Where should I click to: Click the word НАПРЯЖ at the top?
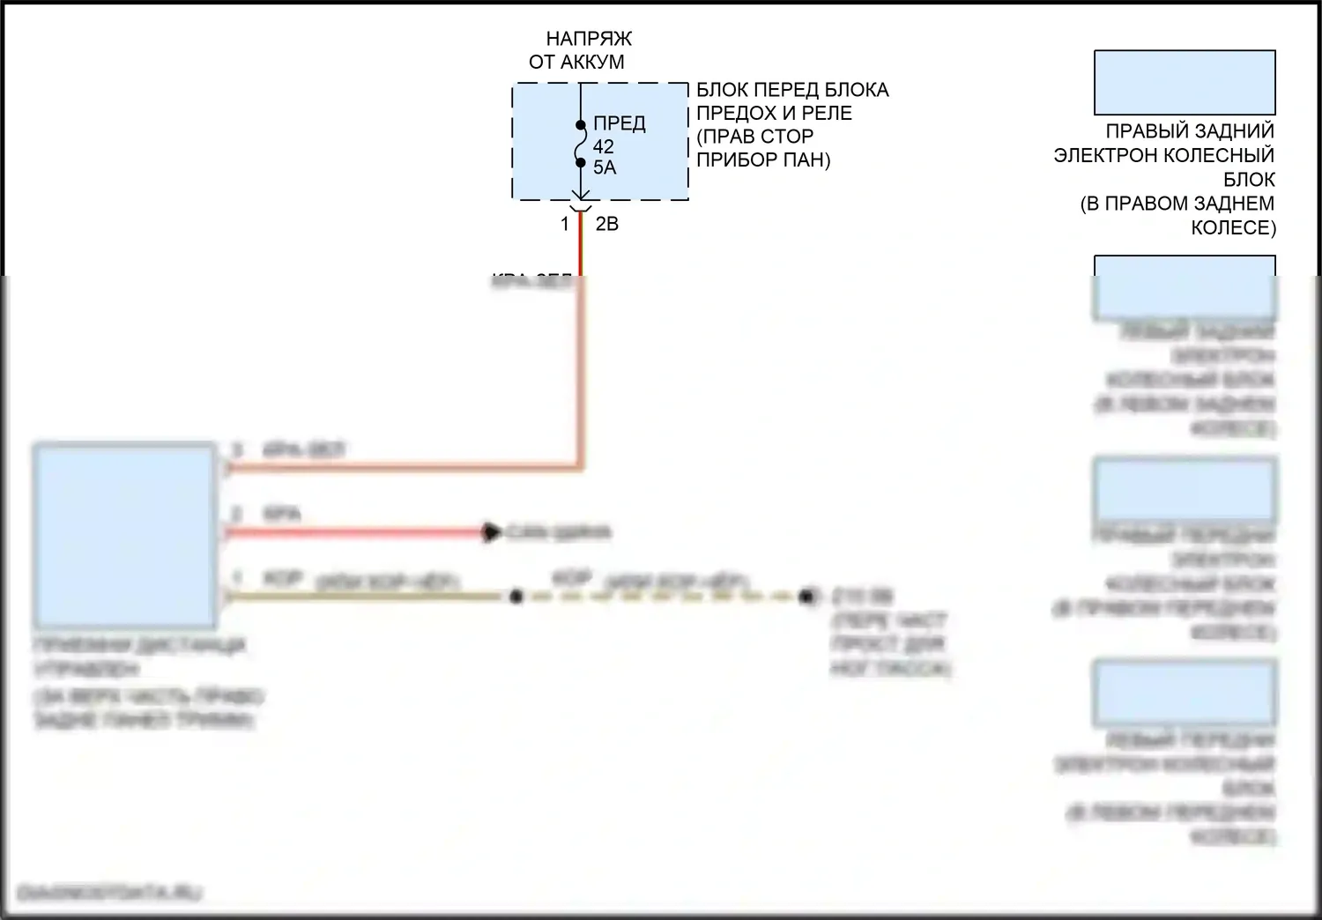click(589, 39)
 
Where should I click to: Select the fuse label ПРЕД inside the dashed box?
click(620, 123)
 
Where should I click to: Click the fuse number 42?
click(604, 146)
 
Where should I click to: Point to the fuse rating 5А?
click(605, 167)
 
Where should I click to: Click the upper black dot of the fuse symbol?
click(581, 125)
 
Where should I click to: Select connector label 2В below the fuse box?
click(607, 225)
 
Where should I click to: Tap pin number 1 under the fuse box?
click(565, 225)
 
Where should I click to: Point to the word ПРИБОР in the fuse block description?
click(732, 160)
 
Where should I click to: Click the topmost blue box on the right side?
click(1185, 82)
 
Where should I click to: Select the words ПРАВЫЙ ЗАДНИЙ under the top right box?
click(1190, 131)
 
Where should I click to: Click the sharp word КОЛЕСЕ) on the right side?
click(1233, 227)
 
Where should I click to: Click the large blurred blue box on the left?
click(125, 535)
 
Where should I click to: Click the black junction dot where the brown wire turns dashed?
click(516, 597)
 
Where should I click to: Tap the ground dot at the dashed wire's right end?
click(806, 597)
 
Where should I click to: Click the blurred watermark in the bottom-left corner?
click(109, 893)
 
